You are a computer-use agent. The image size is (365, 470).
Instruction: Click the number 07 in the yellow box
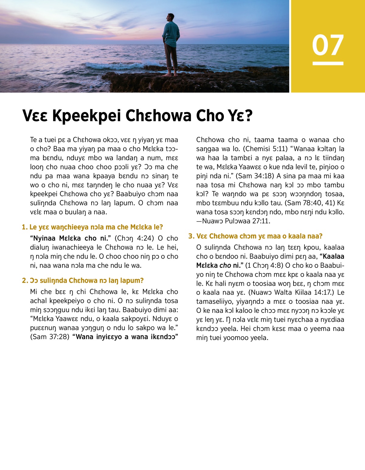tap(328, 45)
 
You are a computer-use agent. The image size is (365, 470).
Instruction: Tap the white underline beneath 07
tap(328, 63)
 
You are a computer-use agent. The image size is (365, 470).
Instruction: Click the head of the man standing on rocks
tap(171, 17)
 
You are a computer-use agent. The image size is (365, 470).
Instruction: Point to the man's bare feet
tap(170, 74)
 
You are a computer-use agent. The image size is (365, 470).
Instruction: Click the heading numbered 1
tap(92, 227)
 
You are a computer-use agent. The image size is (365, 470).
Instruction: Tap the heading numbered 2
tap(82, 280)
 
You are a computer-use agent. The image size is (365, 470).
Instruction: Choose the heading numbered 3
tap(255, 236)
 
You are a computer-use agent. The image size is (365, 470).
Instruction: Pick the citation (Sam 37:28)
tap(50, 337)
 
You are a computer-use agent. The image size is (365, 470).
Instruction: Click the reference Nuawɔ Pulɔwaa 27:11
tap(236, 221)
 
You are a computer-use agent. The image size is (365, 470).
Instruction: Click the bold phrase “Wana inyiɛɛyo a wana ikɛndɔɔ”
tap(125, 337)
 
